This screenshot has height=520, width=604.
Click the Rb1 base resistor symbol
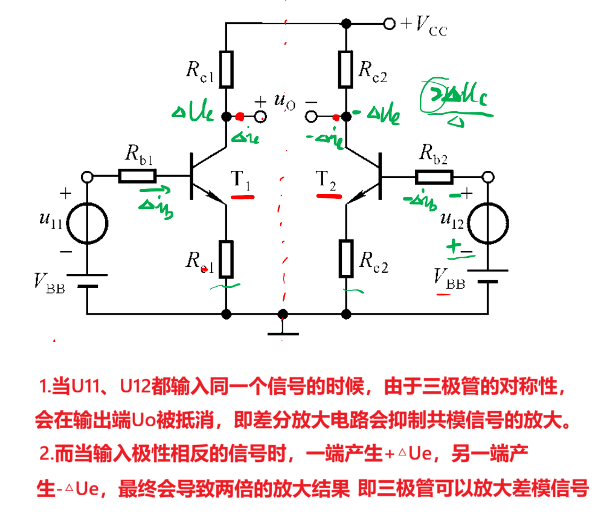coord(138,176)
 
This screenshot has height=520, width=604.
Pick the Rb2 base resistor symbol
coord(434,176)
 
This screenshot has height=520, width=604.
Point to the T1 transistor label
coord(240,179)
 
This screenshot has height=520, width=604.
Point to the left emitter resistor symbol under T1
coord(226,258)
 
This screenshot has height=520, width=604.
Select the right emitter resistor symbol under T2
coord(346,258)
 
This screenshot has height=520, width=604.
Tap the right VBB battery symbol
coord(487,275)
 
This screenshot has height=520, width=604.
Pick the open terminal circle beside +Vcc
coord(390,24)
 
